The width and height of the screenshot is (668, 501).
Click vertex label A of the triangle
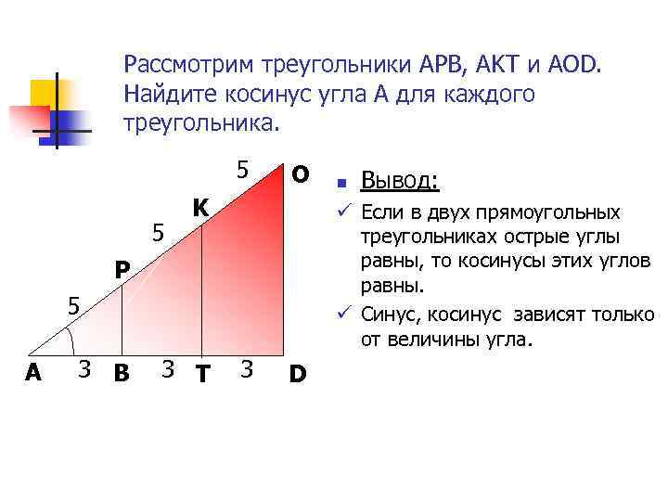[x=33, y=373]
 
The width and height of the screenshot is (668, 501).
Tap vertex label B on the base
[x=121, y=374]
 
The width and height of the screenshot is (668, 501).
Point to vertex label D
[x=298, y=374]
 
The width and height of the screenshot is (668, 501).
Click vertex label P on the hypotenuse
[x=122, y=271]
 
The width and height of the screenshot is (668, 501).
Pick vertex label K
[x=200, y=206]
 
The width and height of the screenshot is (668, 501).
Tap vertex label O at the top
[x=301, y=174]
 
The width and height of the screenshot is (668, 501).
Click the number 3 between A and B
[x=83, y=370]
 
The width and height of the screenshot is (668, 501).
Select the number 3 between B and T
[x=168, y=370]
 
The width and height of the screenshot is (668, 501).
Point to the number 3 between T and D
[x=245, y=370]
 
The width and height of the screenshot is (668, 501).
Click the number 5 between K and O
[x=241, y=171]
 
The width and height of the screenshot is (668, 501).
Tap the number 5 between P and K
[x=159, y=235]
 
